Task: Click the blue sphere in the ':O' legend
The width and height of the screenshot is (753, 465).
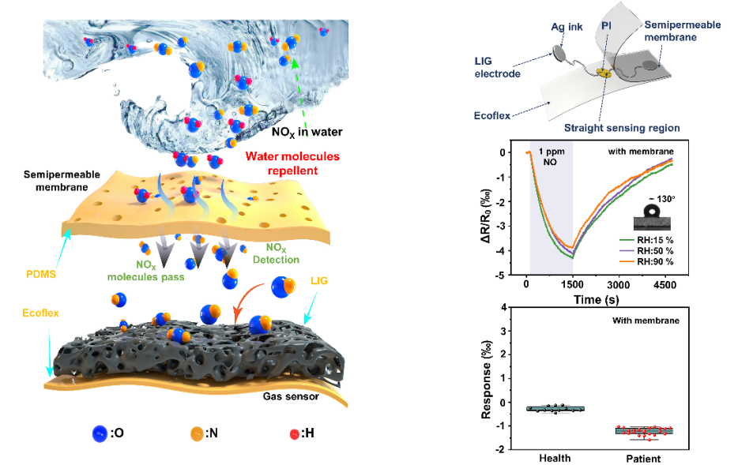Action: pyautogui.click(x=99, y=432)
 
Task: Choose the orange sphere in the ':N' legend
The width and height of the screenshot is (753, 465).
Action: pyautogui.click(x=196, y=433)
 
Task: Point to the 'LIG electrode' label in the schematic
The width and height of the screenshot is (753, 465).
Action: pyautogui.click(x=497, y=67)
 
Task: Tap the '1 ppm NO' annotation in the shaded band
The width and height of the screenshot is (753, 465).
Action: pyautogui.click(x=551, y=157)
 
